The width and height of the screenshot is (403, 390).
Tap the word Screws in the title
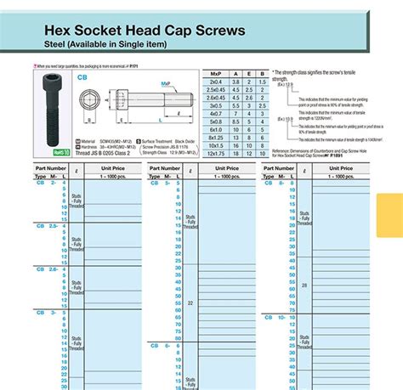point(215,31)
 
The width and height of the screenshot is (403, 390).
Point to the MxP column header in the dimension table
point(216,74)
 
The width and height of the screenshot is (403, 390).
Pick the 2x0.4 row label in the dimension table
point(216,82)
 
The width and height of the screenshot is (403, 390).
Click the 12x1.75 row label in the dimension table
point(216,153)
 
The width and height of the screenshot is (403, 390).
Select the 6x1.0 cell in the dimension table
point(216,129)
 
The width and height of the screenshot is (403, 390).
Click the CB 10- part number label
point(276,317)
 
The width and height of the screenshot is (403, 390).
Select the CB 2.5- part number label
point(48,225)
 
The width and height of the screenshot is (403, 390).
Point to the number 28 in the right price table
point(304,285)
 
